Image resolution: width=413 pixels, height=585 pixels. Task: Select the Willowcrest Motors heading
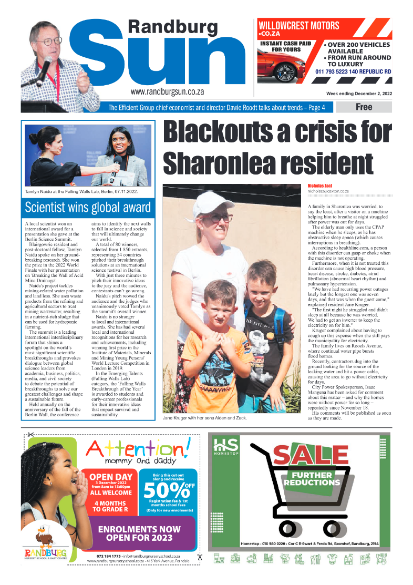pyautogui.click(x=298, y=25)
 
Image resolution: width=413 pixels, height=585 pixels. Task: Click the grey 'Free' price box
pyautogui.click(x=364, y=107)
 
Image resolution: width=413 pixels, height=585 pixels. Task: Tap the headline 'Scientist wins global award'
pyautogui.click(x=88, y=207)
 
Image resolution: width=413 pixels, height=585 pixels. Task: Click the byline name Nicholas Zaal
pyautogui.click(x=323, y=186)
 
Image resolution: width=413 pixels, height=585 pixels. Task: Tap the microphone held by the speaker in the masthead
pyautogui.click(x=44, y=67)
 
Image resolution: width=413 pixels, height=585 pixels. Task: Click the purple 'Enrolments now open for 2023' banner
pyautogui.click(x=139, y=533)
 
